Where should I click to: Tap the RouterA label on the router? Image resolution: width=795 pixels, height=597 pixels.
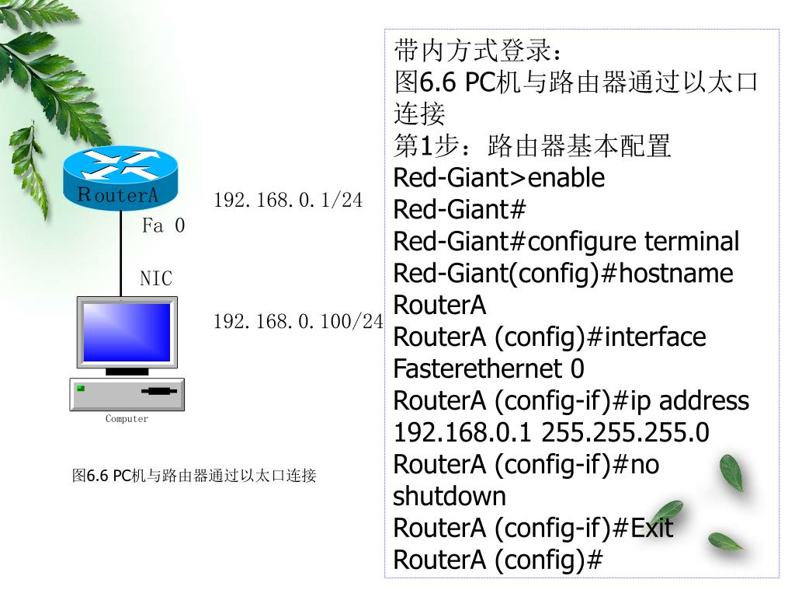pos(118,195)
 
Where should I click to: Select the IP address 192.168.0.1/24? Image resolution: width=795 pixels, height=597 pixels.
pos(288,200)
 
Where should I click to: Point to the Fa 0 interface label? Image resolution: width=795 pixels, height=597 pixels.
pos(164,226)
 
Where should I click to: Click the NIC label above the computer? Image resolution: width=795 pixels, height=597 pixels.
pos(155,278)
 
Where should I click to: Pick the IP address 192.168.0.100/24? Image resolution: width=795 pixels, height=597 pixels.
pos(298,321)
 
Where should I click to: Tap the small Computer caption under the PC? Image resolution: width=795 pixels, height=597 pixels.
pos(127,419)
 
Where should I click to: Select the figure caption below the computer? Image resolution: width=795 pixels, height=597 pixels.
pos(194,475)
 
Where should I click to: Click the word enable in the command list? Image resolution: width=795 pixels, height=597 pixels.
pos(566,178)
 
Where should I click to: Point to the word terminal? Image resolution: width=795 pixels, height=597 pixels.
pos(692,242)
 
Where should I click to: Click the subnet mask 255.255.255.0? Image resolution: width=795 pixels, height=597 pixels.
pos(625,432)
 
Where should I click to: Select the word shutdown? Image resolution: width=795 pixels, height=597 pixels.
pos(450,496)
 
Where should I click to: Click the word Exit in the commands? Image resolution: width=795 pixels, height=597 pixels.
pos(651,528)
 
